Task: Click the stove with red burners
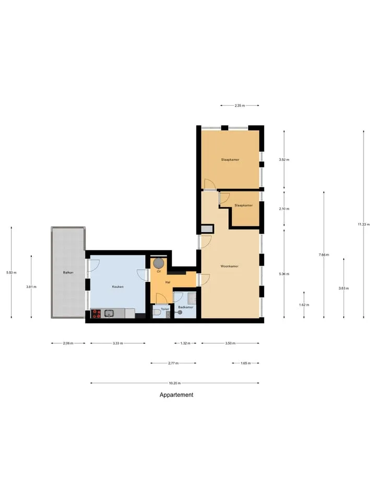point(97,313)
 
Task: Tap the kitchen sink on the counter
point(109,313)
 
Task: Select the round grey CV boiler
point(159,264)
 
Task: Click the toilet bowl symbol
point(157,312)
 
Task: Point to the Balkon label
point(68,272)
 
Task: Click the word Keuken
point(118,287)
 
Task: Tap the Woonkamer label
point(230,266)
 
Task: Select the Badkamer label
point(186,307)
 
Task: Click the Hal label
point(168,282)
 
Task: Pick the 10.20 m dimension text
point(175,383)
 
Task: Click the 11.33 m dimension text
point(363,224)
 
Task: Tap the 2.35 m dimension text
point(240,105)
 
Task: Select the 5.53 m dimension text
point(11,272)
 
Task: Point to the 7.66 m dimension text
point(324,255)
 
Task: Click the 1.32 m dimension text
point(185,343)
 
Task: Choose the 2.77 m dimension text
point(173,363)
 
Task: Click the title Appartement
point(177,395)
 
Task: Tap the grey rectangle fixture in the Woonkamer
point(207,229)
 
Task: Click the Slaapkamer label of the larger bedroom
point(230,159)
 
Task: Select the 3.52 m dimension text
point(284,159)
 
